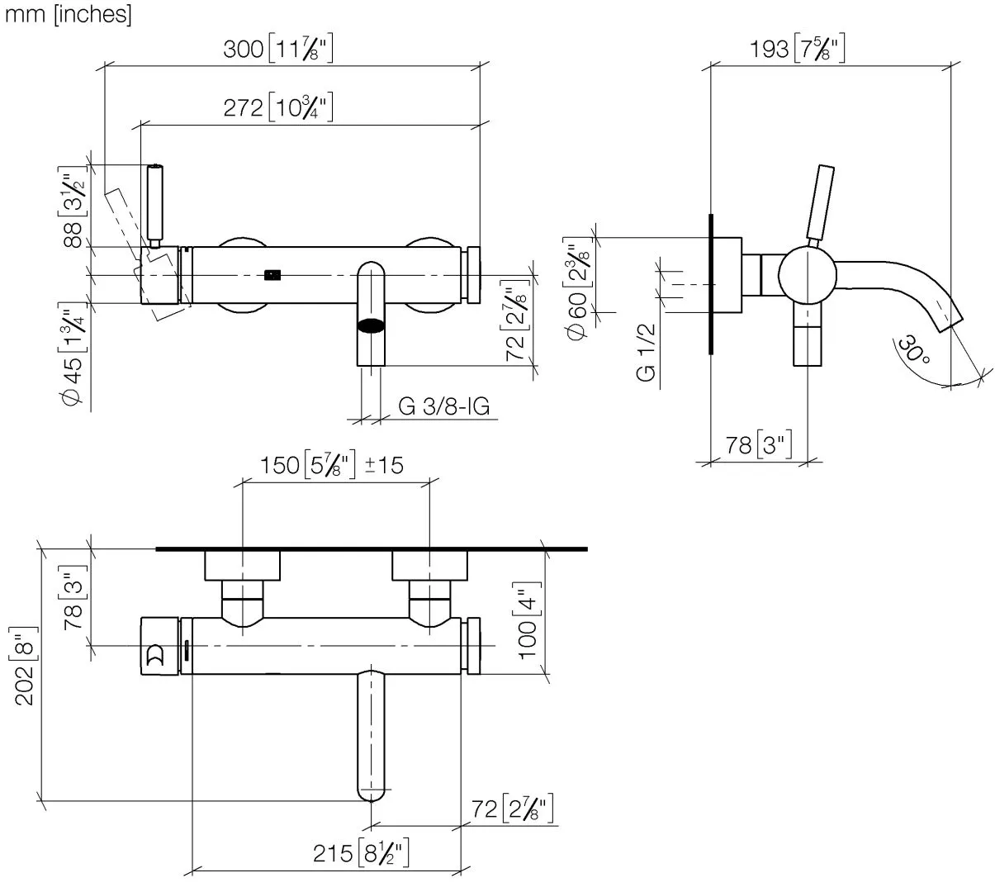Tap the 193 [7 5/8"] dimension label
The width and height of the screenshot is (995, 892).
pyautogui.click(x=796, y=49)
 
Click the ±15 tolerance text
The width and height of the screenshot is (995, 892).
pyautogui.click(x=383, y=465)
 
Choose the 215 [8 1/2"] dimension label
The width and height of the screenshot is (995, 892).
pyautogui.click(x=362, y=853)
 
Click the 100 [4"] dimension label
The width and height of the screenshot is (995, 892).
pyautogui.click(x=526, y=619)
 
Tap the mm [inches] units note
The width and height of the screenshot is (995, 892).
pyautogui.click(x=68, y=14)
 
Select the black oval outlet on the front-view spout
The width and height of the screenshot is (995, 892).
pyautogui.click(x=371, y=325)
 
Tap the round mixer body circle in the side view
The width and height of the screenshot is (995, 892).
pyautogui.click(x=808, y=275)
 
